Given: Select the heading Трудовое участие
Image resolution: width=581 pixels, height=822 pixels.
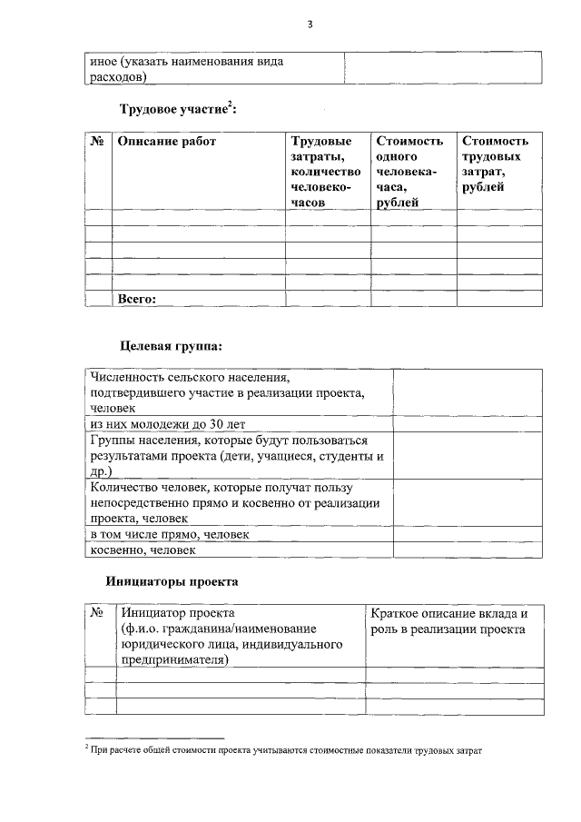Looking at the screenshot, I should pyautogui.click(x=178, y=110).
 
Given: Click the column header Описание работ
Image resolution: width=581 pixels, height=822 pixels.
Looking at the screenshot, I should pyautogui.click(x=167, y=142).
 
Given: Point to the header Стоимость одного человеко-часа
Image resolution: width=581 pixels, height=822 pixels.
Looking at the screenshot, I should pyautogui.click(x=409, y=172).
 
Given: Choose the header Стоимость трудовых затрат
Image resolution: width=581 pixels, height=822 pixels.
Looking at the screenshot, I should pyautogui.click(x=495, y=164).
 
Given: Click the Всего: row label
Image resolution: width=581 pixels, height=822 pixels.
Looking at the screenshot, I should pyautogui.click(x=138, y=298).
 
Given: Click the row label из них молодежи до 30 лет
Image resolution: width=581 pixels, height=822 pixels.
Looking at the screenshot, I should pyautogui.click(x=167, y=423).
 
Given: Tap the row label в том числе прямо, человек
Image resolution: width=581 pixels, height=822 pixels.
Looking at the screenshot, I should pyautogui.click(x=170, y=535).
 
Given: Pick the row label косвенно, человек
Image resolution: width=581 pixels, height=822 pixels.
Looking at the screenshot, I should pyautogui.click(x=143, y=550).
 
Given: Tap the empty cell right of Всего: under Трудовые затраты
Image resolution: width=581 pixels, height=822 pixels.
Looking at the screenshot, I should pyautogui.click(x=327, y=298).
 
